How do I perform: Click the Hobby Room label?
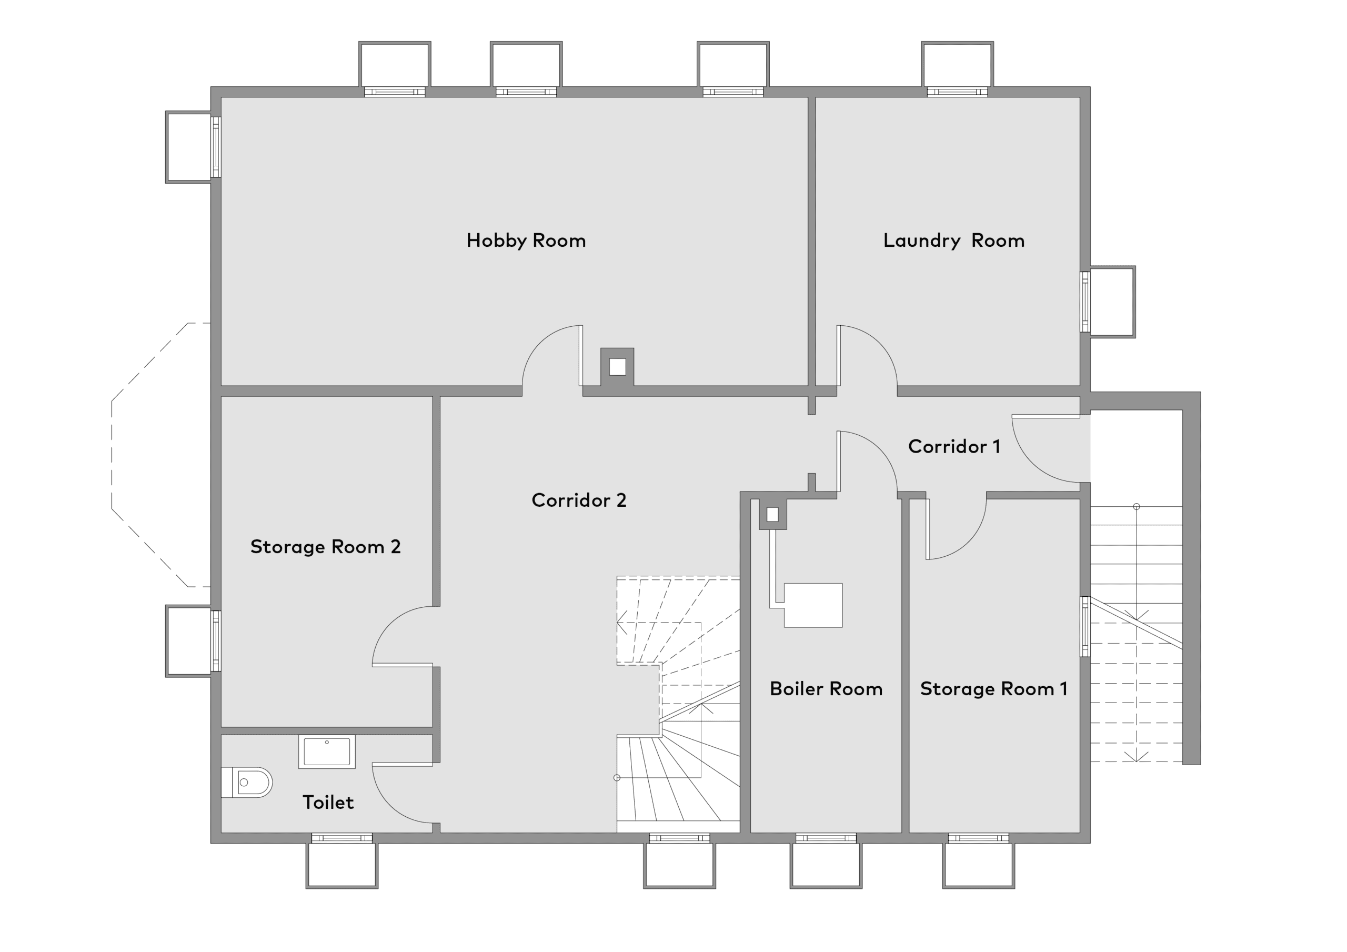coord(526,240)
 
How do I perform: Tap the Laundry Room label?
coord(954,240)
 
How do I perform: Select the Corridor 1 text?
coord(954,447)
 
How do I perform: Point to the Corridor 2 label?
coord(579,500)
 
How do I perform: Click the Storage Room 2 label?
coord(326,547)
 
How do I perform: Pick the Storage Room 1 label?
coord(994,688)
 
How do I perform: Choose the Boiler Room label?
coord(826,688)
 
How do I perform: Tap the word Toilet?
coord(328,803)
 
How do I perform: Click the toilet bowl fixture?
coord(247,783)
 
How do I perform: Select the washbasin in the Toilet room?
coord(327,752)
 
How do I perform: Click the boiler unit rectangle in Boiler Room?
coord(813,606)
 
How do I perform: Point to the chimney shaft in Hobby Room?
coord(617,367)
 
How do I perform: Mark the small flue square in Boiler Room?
coord(772,515)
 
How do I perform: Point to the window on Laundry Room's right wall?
coord(1086,302)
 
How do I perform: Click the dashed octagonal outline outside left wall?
coord(112,455)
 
